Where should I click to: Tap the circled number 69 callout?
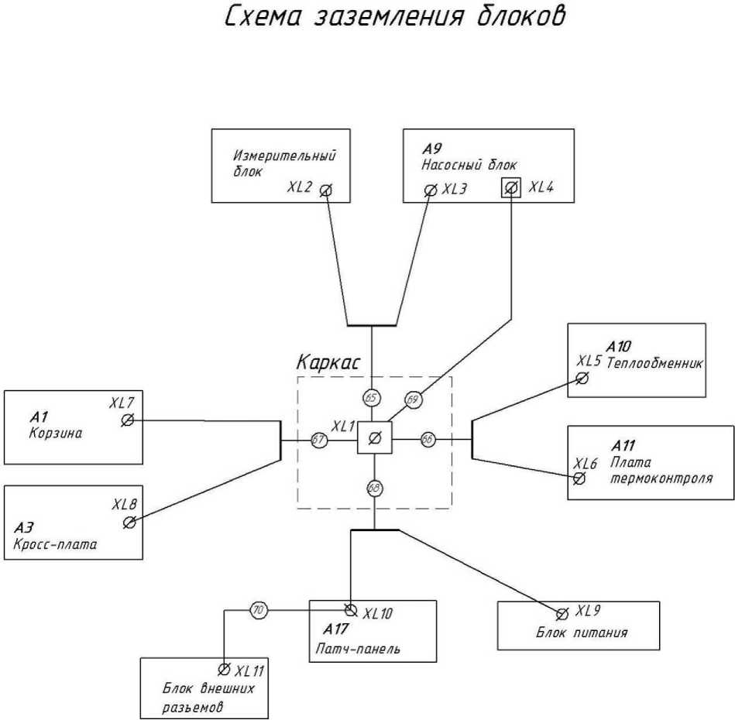(x=413, y=399)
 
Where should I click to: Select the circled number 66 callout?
(x=428, y=439)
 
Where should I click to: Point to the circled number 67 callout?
(x=318, y=439)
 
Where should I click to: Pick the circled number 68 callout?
(x=374, y=488)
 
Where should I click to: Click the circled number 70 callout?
(x=259, y=611)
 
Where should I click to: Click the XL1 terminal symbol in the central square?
(x=374, y=439)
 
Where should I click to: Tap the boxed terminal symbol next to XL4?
(x=510, y=187)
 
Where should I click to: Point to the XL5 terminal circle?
(x=582, y=379)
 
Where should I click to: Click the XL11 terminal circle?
(x=224, y=669)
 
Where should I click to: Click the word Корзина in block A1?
(x=55, y=434)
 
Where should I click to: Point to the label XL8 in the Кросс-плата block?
(x=124, y=505)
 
